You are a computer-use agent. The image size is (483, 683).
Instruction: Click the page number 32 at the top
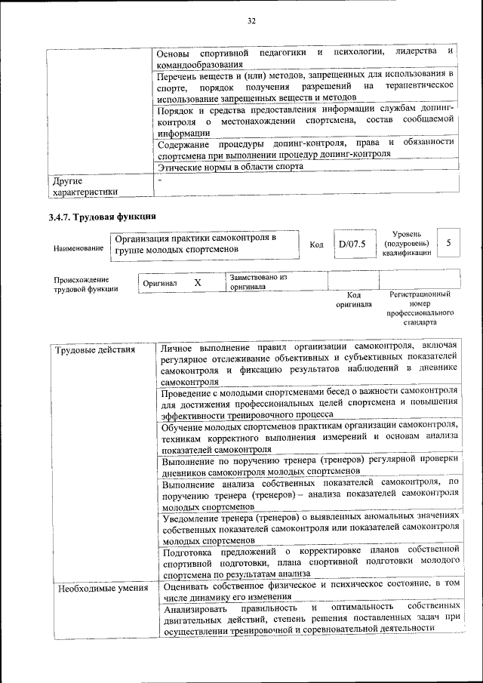pyautogui.click(x=251, y=21)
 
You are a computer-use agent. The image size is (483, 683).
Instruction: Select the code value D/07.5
pyautogui.click(x=352, y=245)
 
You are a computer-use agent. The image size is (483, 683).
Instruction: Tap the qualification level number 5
pyautogui.click(x=448, y=243)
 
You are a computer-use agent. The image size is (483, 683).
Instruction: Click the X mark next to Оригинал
pyautogui.click(x=197, y=282)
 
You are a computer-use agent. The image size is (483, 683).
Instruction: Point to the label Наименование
pyautogui.click(x=79, y=248)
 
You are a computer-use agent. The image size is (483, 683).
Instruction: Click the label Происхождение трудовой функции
pyautogui.click(x=85, y=285)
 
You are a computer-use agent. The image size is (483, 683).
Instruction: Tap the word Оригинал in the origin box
pyautogui.click(x=160, y=283)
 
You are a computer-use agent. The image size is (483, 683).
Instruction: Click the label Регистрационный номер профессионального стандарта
pyautogui.click(x=420, y=307)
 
